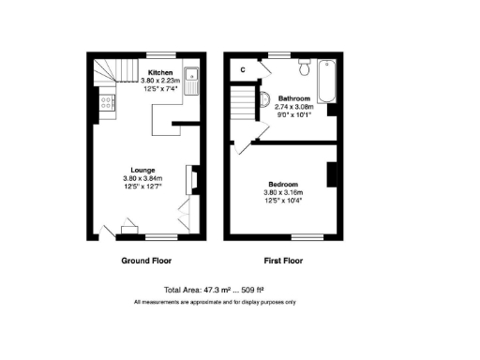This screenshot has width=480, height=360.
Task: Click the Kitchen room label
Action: tap(160, 72)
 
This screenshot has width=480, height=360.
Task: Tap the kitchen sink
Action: tap(190, 80)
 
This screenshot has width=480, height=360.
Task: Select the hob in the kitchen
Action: tap(106, 103)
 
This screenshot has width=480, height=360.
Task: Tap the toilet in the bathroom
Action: tap(303, 69)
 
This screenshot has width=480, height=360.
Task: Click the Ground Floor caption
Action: tap(147, 261)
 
